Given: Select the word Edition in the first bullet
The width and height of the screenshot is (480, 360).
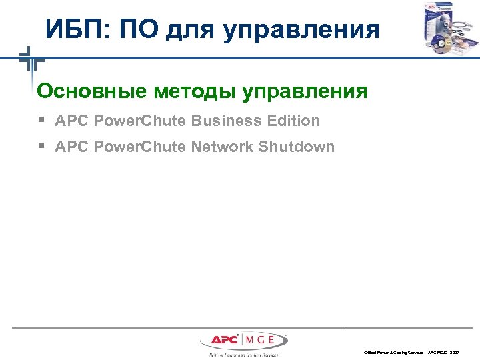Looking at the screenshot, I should tap(293, 121).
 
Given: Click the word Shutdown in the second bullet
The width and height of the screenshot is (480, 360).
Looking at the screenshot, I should tap(297, 147).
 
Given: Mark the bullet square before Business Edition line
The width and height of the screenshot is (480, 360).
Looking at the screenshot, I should tap(41, 121).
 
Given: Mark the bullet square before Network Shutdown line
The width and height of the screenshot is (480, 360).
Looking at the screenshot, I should tap(41, 147).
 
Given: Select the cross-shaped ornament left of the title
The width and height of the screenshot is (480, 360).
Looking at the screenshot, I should tap(30, 60).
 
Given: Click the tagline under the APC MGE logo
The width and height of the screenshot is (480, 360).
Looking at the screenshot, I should tap(243, 355).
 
